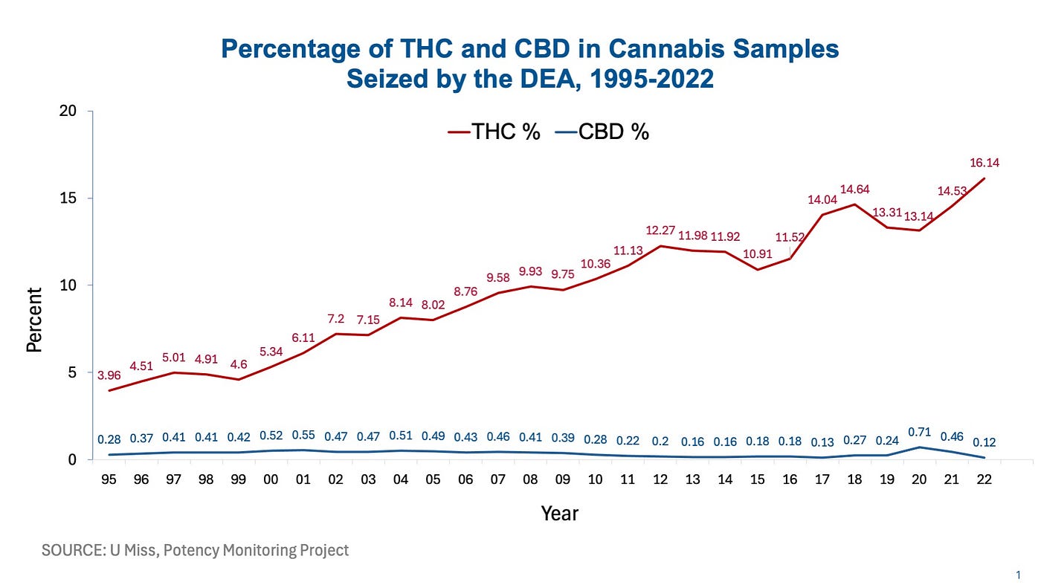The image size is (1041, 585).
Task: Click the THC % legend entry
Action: point(494,132)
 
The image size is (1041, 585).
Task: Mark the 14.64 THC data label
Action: point(855,189)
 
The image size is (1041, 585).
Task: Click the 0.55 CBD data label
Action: point(303,436)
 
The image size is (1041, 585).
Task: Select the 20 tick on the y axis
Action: point(69,111)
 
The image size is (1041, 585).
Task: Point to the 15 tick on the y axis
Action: point(69,198)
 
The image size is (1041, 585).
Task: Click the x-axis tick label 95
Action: point(109,479)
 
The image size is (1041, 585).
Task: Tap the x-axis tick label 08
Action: point(530,479)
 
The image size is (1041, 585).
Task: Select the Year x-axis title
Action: point(559,513)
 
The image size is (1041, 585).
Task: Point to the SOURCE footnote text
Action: point(195,551)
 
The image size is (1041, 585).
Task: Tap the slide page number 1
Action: point(1017,575)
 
